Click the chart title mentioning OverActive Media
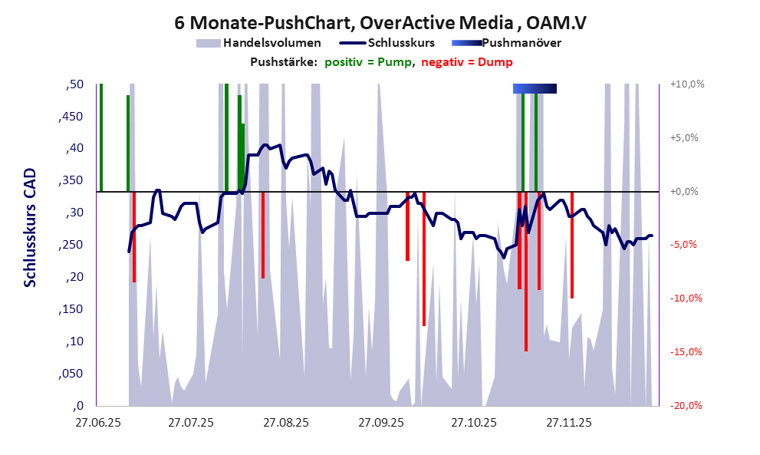(380, 22)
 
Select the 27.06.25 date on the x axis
(97, 422)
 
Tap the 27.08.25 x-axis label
(285, 422)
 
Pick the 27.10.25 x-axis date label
(473, 422)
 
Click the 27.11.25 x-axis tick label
(568, 422)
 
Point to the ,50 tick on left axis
(74, 84)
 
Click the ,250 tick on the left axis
(71, 245)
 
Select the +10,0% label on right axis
(686, 84)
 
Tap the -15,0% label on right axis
(686, 352)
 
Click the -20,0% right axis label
(686, 406)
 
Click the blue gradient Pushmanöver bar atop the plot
(534, 88)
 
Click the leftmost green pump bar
(101, 138)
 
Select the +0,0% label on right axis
(686, 191)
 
